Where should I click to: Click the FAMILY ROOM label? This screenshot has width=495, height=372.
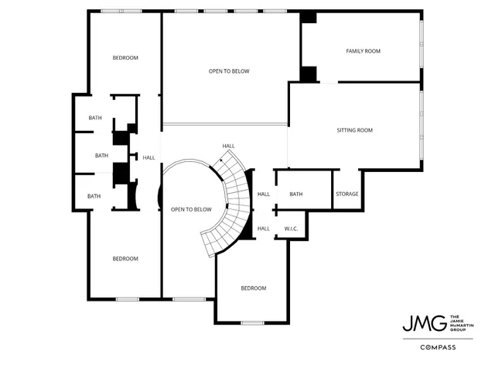coord(363,51)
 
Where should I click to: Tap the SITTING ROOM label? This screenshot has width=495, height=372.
coord(355,130)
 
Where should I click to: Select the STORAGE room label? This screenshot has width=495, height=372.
coord(346,194)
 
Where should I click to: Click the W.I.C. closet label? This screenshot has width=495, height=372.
coord(292,229)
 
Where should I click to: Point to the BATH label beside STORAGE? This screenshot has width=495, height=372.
coord(295,194)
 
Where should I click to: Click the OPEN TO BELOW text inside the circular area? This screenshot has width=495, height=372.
coord(191,209)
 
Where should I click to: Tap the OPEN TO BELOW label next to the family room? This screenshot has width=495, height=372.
coord(229,71)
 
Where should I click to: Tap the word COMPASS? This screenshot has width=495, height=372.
coord(438,347)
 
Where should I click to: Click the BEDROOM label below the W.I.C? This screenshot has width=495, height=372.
coord(253,288)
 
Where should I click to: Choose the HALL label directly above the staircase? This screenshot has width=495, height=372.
coord(228,146)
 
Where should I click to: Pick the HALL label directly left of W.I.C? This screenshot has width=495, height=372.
coord(263,229)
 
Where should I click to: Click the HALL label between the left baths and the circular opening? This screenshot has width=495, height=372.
coord(148,157)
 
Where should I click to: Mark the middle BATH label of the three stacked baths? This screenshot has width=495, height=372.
coord(102,156)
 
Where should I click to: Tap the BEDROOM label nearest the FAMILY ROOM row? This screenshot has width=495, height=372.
coord(125,58)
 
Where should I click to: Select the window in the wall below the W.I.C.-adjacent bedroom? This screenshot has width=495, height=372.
coord(252,322)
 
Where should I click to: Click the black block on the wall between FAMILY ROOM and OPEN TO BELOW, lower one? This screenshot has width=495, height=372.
coord(309,74)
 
